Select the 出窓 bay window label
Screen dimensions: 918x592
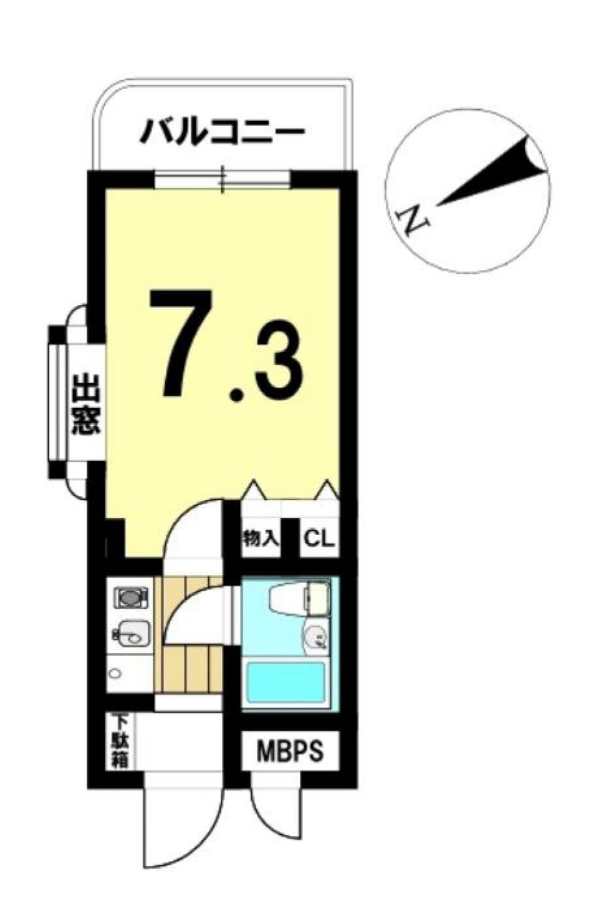click(85, 402)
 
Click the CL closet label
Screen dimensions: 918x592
click(319, 539)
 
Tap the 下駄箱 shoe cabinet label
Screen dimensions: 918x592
click(120, 742)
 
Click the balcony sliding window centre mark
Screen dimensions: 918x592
click(223, 179)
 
